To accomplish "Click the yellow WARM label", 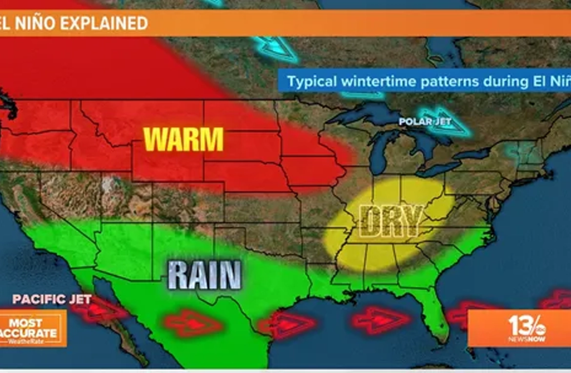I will [x=184, y=139].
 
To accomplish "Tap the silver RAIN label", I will [x=204, y=275].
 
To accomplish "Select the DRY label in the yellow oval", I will [x=390, y=221].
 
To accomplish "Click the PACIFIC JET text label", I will [x=52, y=299].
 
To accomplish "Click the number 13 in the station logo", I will [x=519, y=325].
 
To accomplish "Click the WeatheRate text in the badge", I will [x=29, y=341].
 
